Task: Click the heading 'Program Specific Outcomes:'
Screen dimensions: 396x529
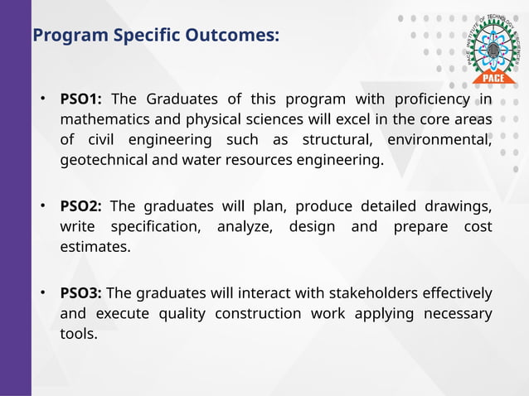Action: click(155, 36)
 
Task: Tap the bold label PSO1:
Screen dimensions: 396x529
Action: click(80, 100)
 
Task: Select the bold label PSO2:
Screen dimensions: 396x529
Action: click(80, 205)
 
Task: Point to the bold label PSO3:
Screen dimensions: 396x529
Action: click(80, 292)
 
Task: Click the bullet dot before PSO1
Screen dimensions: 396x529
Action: click(41, 99)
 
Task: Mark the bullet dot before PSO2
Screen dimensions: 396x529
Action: click(41, 205)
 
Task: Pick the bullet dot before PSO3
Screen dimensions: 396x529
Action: click(41, 292)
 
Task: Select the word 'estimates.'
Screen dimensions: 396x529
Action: click(95, 246)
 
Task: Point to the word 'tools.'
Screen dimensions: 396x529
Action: click(78, 334)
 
